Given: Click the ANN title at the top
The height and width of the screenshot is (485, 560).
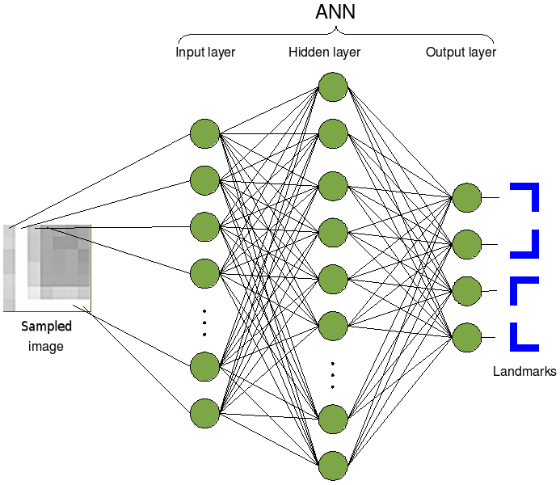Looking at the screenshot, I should (335, 14).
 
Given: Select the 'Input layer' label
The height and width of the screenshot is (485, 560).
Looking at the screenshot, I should (205, 53).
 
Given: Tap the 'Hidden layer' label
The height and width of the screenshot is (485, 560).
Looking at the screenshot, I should (324, 53).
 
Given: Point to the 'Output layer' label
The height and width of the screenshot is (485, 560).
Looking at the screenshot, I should (461, 53).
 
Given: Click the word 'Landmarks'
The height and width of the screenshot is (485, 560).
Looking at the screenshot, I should (524, 372).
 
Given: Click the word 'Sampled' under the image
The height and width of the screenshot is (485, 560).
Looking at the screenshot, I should (46, 327).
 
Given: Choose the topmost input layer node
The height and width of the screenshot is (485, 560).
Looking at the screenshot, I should (204, 133).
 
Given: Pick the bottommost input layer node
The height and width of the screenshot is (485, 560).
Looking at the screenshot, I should (204, 413).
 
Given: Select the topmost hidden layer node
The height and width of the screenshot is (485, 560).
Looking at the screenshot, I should (333, 86).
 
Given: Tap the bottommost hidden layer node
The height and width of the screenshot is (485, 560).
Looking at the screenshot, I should (333, 466).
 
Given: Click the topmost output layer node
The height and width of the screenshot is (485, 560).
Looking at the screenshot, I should (466, 196).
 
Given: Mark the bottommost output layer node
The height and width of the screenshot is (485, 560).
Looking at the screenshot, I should (466, 337).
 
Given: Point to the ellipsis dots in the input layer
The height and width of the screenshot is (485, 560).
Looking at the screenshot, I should (204, 322).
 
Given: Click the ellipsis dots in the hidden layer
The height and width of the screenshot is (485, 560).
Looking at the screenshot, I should (333, 373).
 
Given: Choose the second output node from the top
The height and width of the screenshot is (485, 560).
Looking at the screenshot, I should (466, 243).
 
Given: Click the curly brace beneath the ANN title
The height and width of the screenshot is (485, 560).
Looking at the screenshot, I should (335, 34).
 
